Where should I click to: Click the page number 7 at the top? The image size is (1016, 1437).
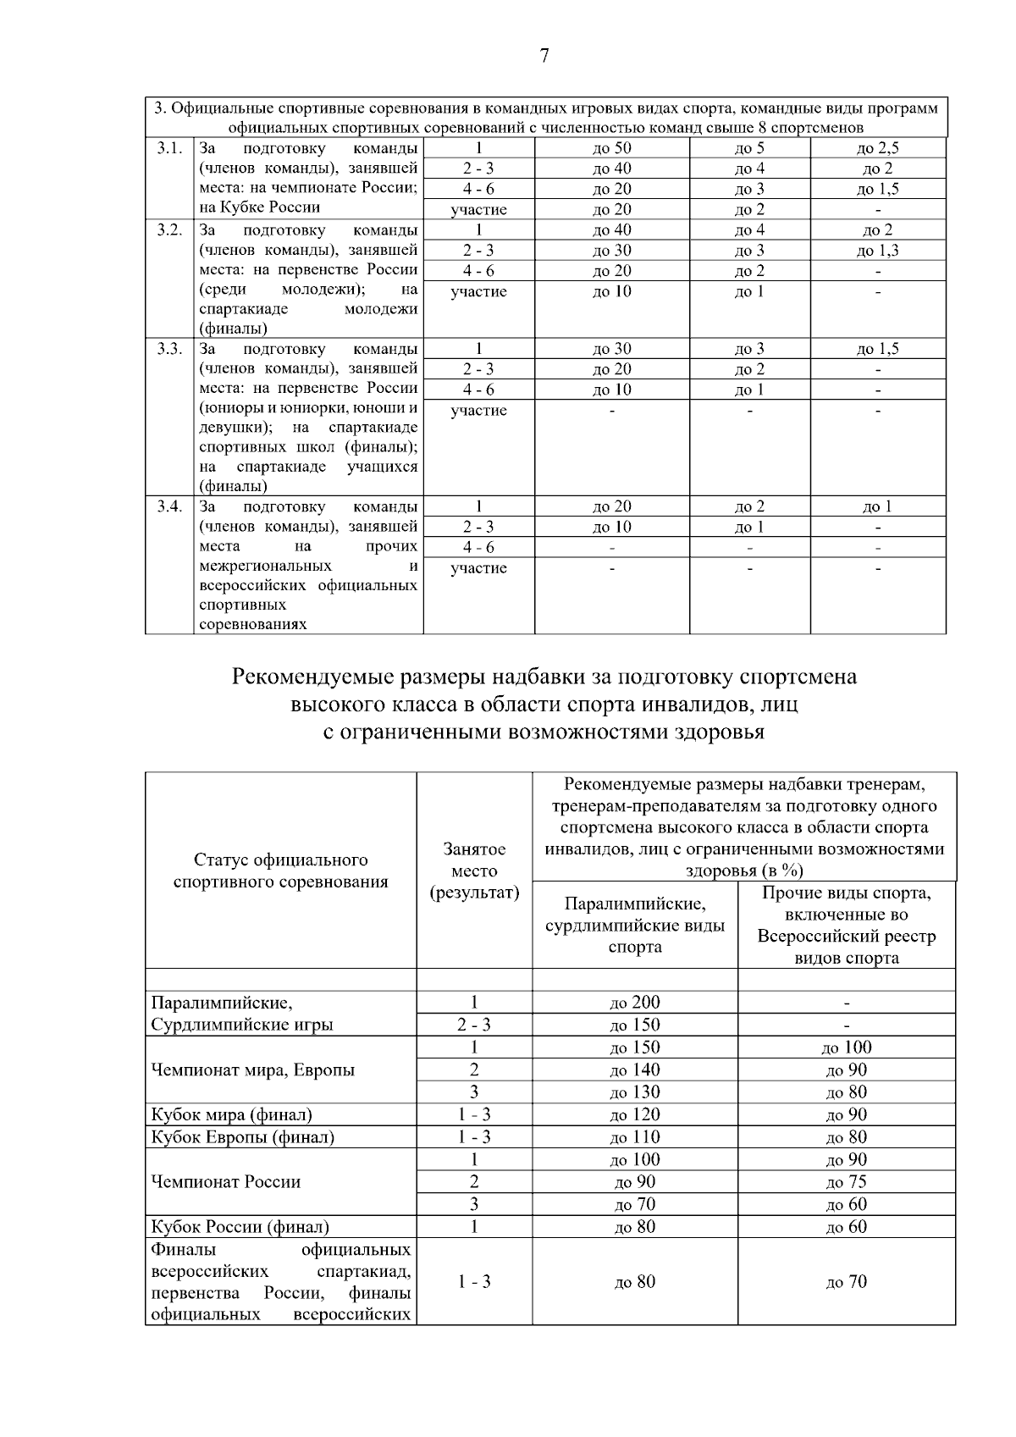coord(544,56)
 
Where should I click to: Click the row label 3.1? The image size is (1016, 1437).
coord(169,148)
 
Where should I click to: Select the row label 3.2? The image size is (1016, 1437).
coord(169,229)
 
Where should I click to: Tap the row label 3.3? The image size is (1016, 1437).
coord(169,349)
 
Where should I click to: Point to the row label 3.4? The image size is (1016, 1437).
coord(169,506)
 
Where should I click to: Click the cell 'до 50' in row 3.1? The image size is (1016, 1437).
coord(611,148)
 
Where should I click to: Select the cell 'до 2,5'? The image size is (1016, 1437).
coord(877,148)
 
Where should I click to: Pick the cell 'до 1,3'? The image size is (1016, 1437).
coord(877,251)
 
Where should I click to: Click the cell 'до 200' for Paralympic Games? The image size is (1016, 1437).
coord(634,1003)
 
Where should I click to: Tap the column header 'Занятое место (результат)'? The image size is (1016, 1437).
coord(474,870)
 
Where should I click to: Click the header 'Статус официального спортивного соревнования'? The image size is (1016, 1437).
coord(280,870)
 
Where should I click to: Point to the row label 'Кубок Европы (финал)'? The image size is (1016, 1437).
coord(242,1137)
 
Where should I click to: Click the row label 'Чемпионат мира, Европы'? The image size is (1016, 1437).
coord(252,1069)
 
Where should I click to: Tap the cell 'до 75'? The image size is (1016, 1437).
coord(846,1182)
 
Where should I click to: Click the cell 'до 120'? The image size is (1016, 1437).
coord(634,1114)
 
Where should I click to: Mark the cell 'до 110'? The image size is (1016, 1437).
coord(634,1137)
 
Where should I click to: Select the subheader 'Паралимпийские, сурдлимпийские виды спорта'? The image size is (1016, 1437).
coord(634,925)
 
